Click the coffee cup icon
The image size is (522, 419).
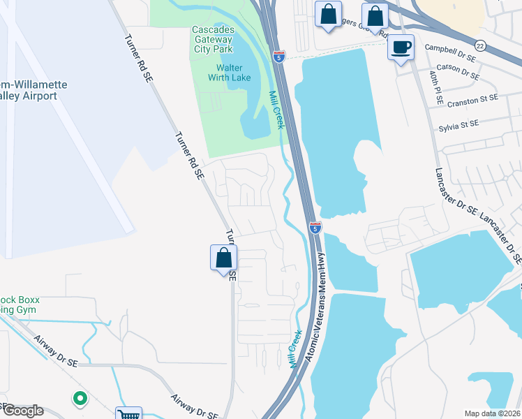coord(401,47)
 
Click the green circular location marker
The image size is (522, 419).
coord(80,399)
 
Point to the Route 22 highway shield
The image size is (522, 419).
coord(481,43)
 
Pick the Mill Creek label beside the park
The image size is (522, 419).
coord(276,109)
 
